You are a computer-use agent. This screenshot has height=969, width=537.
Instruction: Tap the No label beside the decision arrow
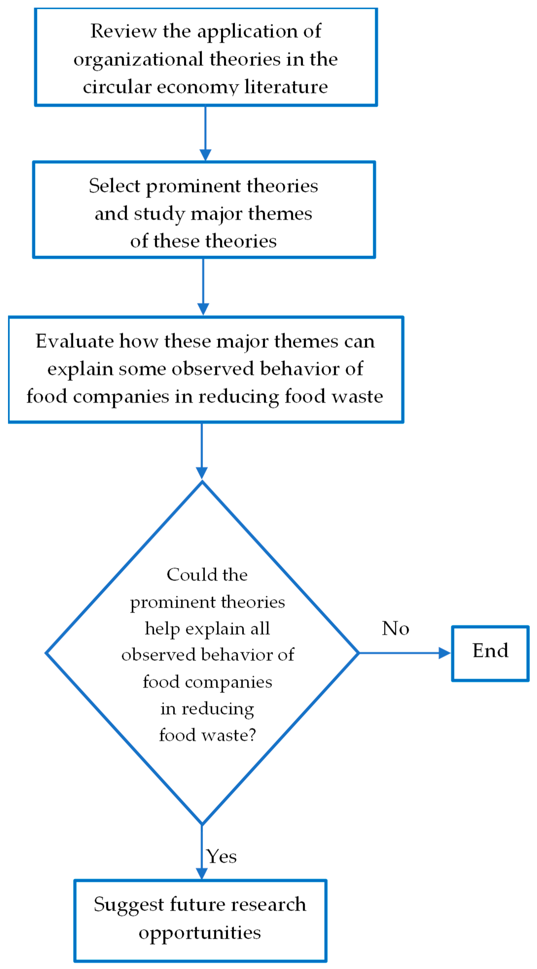[395, 628]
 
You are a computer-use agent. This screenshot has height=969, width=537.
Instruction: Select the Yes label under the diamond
[222, 857]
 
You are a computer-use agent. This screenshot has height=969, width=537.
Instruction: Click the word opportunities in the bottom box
[200, 933]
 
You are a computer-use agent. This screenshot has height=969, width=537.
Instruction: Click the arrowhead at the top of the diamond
[202, 473]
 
